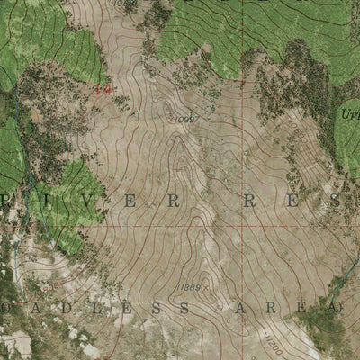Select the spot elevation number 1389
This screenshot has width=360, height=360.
190,287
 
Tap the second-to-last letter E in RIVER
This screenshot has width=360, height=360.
136,202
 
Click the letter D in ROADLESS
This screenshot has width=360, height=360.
37,309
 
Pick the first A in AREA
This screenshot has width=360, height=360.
240,309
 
